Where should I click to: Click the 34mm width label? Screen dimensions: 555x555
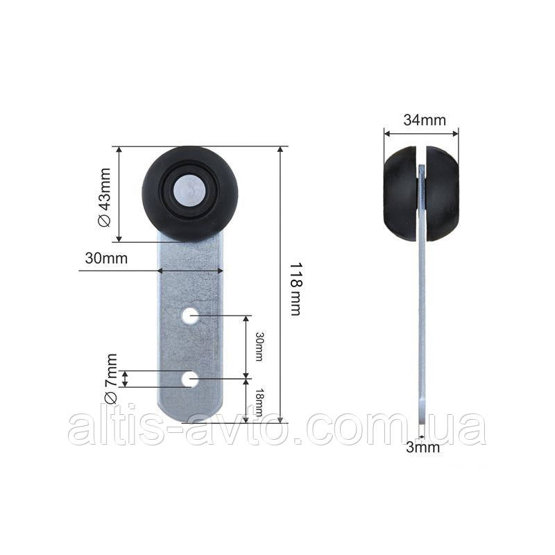coord(425,120)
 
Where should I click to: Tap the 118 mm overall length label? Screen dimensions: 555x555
coord(296,289)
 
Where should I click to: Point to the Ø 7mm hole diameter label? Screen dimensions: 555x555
coord(111,378)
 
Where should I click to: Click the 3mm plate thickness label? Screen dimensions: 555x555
coord(422,447)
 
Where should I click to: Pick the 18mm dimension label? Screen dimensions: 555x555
coord(259,402)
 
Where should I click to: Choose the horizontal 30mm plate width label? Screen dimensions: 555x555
coord(106,258)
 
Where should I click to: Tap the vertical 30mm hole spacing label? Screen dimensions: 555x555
coord(259,346)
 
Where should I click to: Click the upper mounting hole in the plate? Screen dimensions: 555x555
coord(191,316)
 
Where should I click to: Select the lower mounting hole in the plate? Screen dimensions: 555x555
coord(190,379)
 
